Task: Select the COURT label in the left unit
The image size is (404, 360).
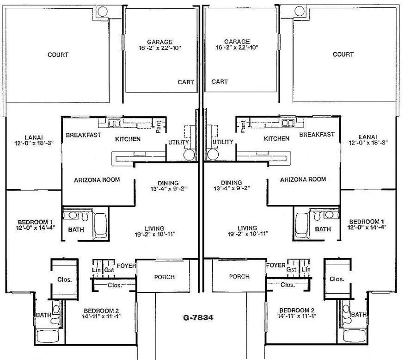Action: [x=58, y=55]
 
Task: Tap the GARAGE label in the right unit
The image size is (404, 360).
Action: [x=237, y=41]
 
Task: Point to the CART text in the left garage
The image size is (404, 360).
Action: [x=186, y=82]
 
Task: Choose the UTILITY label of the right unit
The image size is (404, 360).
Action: [x=223, y=142]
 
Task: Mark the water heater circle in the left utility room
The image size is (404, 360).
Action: [x=189, y=155]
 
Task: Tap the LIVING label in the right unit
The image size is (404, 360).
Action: [x=247, y=228]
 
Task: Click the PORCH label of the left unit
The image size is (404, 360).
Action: [x=164, y=277]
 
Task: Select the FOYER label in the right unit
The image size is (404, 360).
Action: [x=276, y=266]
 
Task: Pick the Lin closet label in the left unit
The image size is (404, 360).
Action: [x=96, y=270]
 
